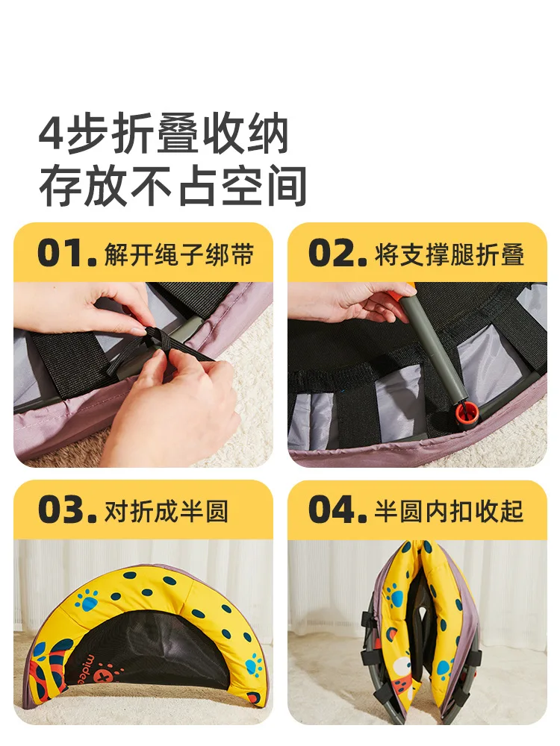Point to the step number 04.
coord(337,510)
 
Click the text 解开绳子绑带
coord(179,254)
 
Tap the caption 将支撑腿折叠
coord(449,254)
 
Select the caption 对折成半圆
coord(167,512)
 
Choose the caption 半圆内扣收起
coord(449,512)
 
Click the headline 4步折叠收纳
coord(164,134)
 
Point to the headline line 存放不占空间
coord(172,186)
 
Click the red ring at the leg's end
coord(465,412)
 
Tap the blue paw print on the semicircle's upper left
coord(86,601)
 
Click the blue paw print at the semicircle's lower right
coord(253,665)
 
